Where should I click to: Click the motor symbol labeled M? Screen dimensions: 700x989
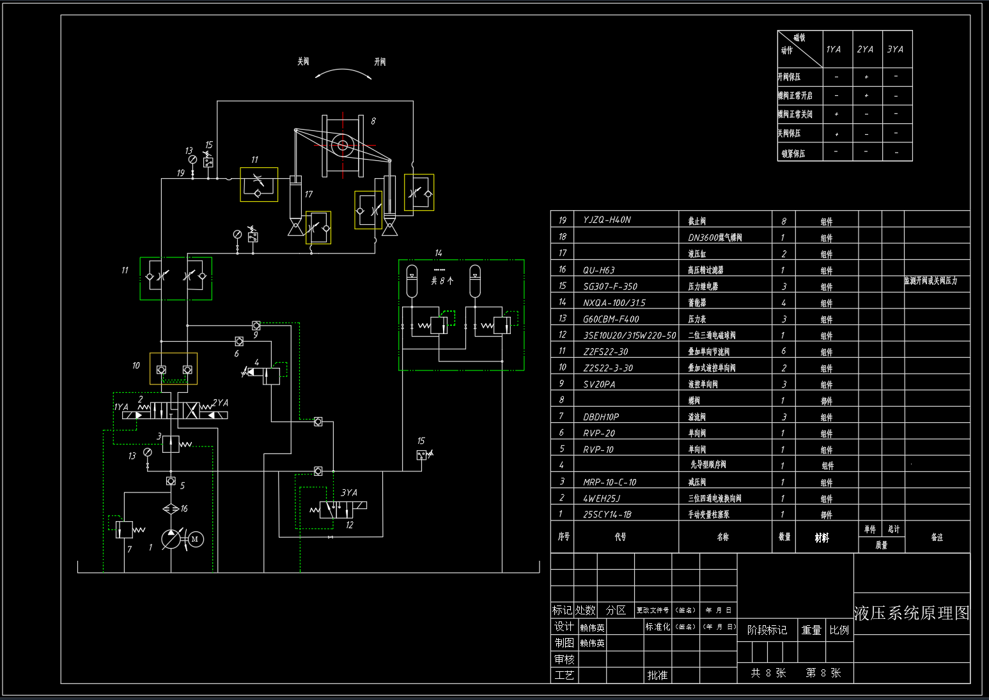(195, 540)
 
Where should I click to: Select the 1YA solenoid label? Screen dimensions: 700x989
(121, 407)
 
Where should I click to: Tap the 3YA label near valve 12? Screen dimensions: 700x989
(349, 492)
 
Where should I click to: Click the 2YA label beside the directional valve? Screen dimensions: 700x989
(221, 402)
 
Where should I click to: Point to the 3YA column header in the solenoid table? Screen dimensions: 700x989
(895, 49)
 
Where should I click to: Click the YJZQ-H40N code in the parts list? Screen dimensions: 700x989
(607, 220)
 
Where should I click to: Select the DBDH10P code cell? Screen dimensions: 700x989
(601, 417)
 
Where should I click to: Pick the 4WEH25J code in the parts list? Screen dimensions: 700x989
(602, 498)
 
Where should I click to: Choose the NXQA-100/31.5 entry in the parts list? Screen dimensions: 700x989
(614, 303)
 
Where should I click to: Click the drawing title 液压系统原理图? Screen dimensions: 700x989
(912, 613)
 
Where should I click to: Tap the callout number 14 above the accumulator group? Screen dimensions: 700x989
(438, 254)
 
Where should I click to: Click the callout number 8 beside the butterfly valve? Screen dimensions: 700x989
(373, 121)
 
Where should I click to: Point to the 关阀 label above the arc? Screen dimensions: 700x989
(303, 62)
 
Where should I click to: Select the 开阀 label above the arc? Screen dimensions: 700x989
(380, 62)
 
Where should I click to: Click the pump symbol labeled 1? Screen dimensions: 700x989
(171, 540)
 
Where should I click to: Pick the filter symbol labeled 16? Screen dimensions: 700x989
(171, 508)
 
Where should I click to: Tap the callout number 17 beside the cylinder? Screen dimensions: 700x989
(309, 194)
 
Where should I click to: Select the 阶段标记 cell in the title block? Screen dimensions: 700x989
(767, 630)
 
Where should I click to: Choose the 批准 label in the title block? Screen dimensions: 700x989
(657, 675)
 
